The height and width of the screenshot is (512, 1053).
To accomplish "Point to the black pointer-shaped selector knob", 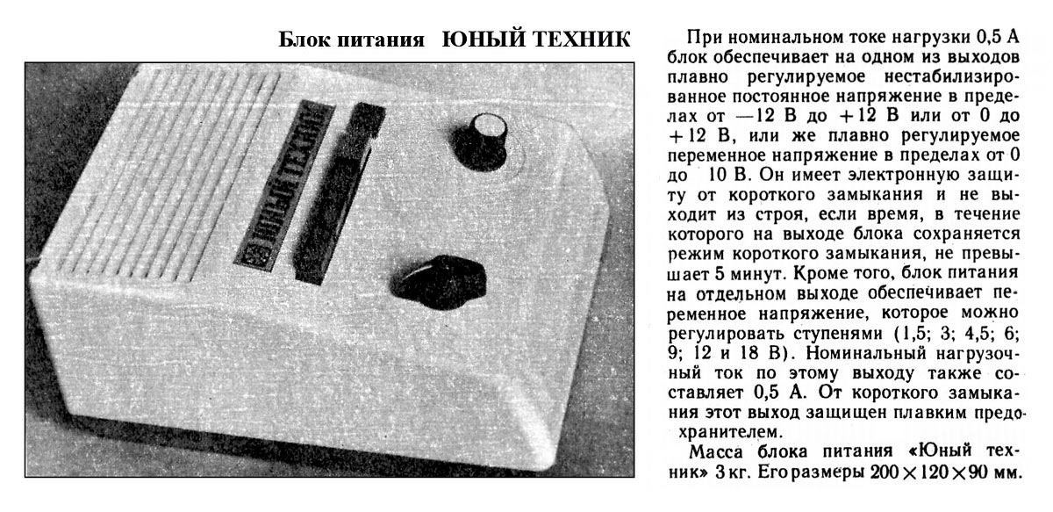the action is (438, 283).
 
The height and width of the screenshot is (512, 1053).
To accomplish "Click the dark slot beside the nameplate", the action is (339, 193).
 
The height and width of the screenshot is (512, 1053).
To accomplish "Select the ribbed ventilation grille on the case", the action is (160, 179).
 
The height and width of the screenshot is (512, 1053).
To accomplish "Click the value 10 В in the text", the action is (727, 176).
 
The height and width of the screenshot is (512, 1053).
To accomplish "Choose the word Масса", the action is (716, 452).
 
